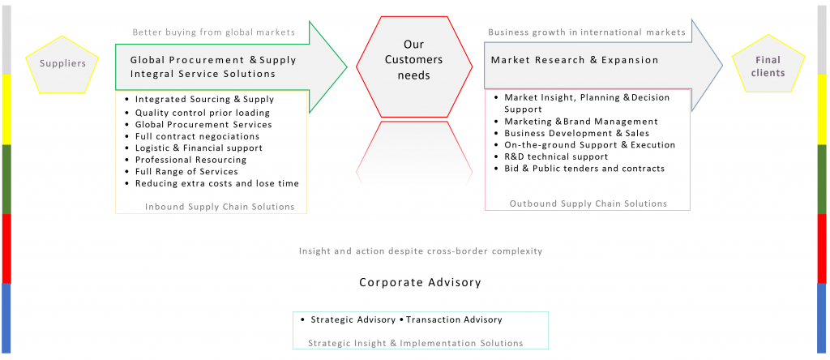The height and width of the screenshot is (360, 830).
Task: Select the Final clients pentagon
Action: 767,66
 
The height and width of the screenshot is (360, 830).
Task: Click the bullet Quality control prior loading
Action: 202,113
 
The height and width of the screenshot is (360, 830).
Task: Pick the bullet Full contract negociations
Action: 199,136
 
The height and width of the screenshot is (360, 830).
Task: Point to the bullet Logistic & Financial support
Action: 199,148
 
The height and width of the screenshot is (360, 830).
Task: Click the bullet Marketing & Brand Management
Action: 580,121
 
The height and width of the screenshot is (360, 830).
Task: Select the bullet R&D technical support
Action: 556,156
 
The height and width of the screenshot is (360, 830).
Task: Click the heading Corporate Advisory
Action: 420,283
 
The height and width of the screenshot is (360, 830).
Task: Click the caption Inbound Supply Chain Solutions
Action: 220,207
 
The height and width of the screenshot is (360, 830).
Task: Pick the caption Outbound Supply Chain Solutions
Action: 588,204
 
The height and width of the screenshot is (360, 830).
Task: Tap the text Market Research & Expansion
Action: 575,60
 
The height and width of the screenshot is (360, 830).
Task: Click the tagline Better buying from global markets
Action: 214,32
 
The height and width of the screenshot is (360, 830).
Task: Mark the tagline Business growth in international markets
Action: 587,32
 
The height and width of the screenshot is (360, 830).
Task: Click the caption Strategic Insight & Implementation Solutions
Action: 415,343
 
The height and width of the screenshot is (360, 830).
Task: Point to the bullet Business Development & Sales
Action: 576,133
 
